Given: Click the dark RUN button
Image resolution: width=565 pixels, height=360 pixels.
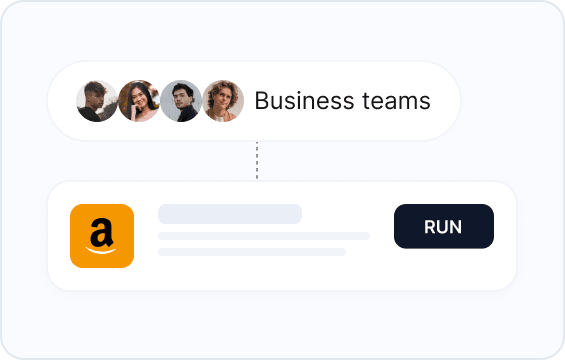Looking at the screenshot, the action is point(444,226).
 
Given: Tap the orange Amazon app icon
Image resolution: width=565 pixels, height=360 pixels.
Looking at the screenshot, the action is point(102,236).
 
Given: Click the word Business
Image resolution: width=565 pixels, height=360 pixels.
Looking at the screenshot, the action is point(304,101).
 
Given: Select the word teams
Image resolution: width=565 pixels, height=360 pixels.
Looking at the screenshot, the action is point(396,101).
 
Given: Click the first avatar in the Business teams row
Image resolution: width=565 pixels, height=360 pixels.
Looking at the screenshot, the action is point(97,101).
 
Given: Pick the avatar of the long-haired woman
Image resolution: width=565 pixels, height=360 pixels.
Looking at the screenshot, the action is point(139,101).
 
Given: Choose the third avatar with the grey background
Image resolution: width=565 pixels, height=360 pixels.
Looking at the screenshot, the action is point(181,101).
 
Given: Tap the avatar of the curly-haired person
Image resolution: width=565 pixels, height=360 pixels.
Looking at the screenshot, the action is point(223,101).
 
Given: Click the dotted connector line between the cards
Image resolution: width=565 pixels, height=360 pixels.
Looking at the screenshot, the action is point(257,160).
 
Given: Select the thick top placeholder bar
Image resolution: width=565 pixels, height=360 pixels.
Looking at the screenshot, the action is point(230,214).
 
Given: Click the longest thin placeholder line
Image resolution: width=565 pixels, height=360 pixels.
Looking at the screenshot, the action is point(264,236).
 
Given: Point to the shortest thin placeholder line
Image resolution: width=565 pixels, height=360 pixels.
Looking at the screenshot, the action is point(252,252).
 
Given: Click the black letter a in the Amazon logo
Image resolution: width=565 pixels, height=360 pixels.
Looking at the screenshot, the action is point(102,232).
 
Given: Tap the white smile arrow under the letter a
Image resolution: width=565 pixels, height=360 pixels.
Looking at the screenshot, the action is point(101,250).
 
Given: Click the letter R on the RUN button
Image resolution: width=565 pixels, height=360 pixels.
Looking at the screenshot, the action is point(430,227).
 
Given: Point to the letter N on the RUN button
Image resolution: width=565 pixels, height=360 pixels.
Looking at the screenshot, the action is point(456,227).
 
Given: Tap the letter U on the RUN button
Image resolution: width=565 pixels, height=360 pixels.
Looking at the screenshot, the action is point(443,227).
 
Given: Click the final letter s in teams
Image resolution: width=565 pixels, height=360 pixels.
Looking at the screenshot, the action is point(425,103).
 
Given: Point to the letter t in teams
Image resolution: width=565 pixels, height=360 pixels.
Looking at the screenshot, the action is point(366,101).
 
